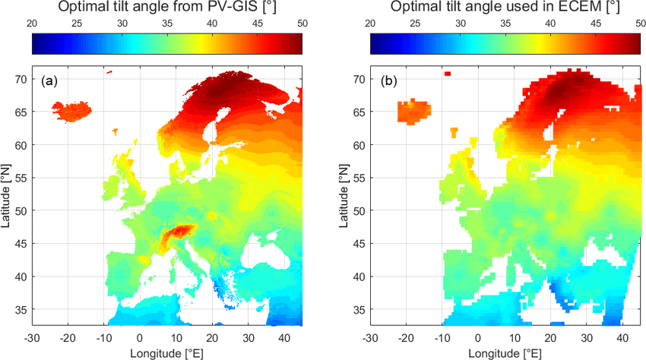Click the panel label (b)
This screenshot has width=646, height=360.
tap(388, 81)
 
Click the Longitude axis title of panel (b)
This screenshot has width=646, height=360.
tap(505, 352)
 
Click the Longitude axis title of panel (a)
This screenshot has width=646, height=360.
tap(167, 352)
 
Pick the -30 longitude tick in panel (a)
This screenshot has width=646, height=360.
tap(32, 337)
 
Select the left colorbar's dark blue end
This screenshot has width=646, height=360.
tap(36, 46)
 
